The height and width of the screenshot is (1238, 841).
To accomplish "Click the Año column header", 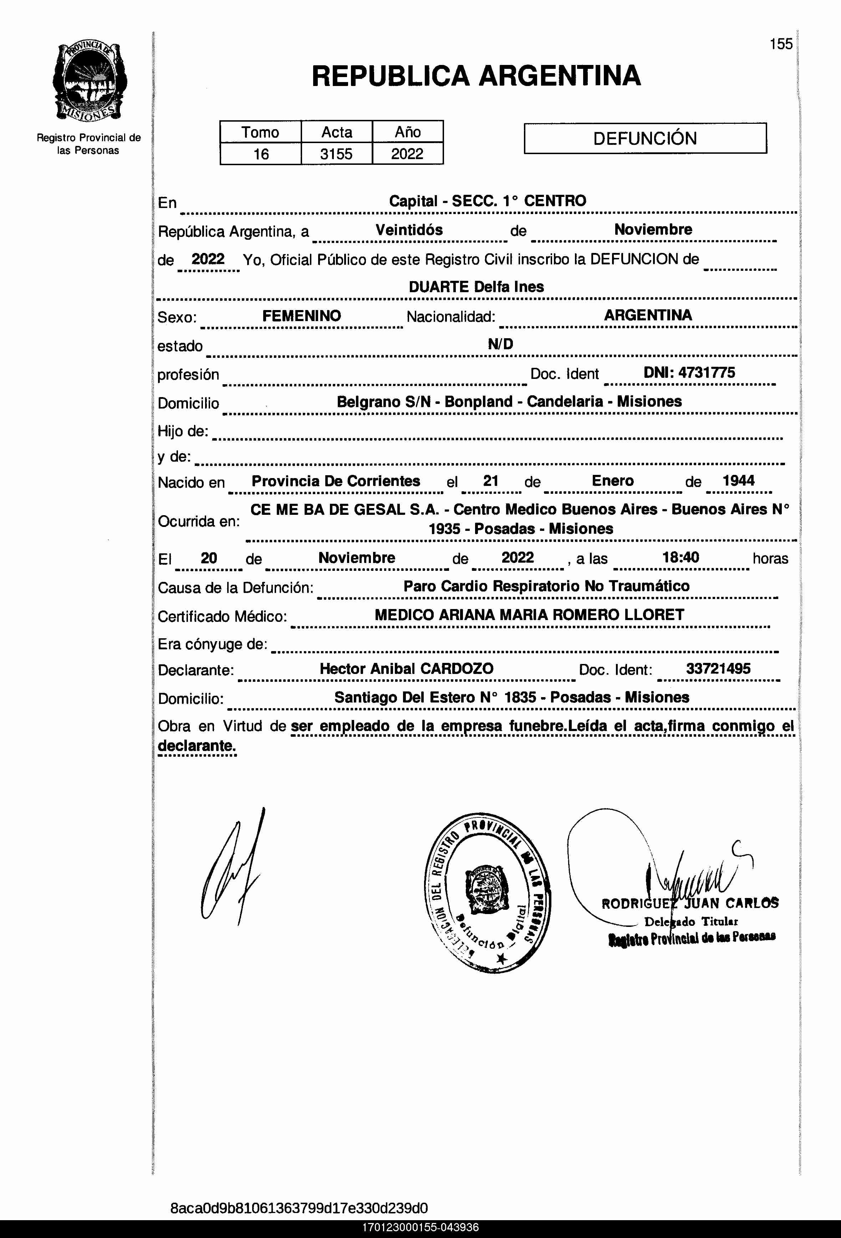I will click(x=407, y=132).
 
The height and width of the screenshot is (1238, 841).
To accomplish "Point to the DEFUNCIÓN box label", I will click(x=645, y=138).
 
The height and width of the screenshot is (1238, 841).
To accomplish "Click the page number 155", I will click(x=781, y=44).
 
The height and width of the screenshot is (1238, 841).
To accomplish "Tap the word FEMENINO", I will click(x=301, y=315).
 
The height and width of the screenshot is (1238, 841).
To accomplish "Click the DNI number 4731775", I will click(x=706, y=372).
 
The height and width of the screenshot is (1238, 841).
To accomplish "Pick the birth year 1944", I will click(x=738, y=481).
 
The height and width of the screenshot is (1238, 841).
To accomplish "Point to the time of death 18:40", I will click(x=680, y=557).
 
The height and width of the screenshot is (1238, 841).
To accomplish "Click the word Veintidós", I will click(x=409, y=230).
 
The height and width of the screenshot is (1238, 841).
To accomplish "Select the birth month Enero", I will click(x=612, y=481).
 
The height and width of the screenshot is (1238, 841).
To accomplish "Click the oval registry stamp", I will click(x=487, y=892).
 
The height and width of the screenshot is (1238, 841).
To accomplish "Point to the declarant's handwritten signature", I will click(x=232, y=868).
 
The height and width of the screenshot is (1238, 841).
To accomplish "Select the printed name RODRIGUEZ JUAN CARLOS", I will click(x=690, y=903).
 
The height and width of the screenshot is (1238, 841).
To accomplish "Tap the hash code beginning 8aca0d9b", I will click(x=299, y=1208).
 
